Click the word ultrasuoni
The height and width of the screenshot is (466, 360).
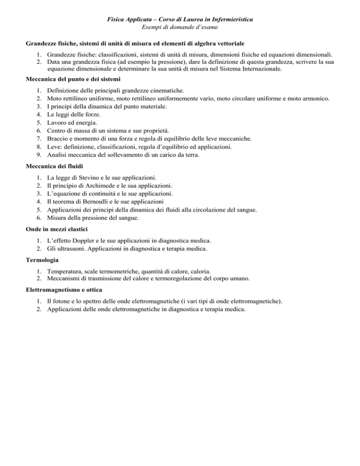pos(69,248)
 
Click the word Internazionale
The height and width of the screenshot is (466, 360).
pos(259,68)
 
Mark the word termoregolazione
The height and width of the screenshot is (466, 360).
pos(182,279)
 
